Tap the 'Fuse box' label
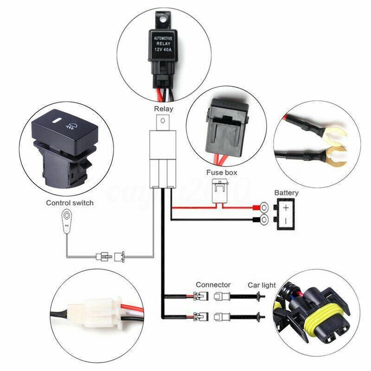[222, 172]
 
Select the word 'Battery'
[287, 192]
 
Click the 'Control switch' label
[70, 203]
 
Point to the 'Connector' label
[213, 285]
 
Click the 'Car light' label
[262, 285]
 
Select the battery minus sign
[286, 219]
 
